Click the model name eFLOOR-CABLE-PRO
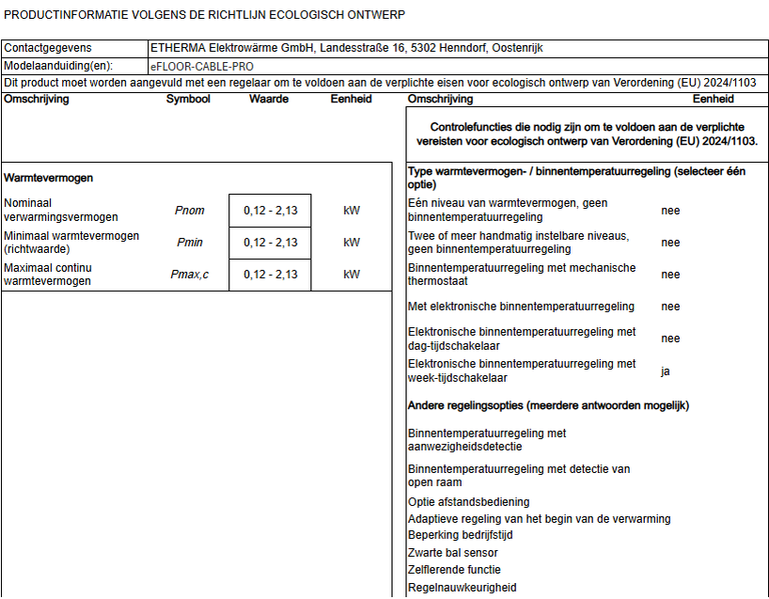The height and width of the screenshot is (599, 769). [201, 67]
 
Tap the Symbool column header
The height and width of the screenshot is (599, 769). [188, 99]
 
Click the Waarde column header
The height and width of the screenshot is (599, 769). [269, 99]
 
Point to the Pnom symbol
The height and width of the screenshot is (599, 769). [190, 211]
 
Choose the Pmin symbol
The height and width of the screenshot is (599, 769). [190, 243]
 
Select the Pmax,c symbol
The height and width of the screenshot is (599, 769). [192, 275]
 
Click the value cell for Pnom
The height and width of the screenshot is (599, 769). [270, 211]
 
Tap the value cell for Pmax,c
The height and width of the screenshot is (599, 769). [270, 275]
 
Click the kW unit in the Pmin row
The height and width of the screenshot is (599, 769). [352, 243]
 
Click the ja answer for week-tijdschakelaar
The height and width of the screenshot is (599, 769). [666, 371]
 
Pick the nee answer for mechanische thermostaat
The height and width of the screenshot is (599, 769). [670, 275]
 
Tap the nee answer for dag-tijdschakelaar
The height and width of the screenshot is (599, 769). [670, 339]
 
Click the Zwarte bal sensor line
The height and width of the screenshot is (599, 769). [453, 553]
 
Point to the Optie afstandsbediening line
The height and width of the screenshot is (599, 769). [468, 502]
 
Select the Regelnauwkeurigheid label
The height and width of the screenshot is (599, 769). [462, 588]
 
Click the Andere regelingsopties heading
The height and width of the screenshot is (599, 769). [548, 405]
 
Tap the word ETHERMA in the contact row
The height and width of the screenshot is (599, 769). [179, 48]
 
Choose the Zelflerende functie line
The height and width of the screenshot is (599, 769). [454, 570]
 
